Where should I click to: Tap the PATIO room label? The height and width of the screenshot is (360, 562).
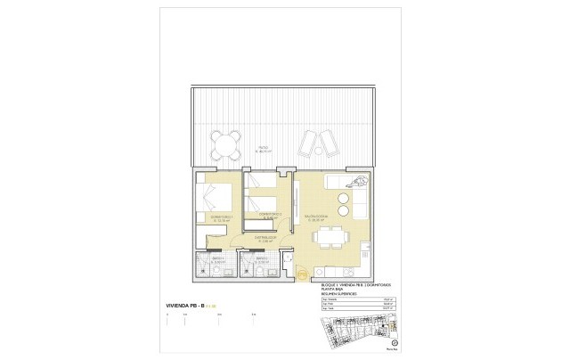[264, 150]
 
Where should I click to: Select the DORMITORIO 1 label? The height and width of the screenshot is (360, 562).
[210, 217]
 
